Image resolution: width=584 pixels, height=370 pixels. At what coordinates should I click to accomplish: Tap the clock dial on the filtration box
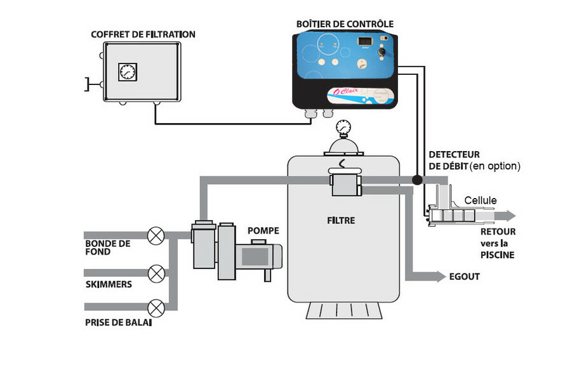click(128, 72)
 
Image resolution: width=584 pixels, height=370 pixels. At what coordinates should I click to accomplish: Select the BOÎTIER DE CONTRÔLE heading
click(345, 24)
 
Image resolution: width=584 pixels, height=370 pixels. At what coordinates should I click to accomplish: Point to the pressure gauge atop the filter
click(343, 127)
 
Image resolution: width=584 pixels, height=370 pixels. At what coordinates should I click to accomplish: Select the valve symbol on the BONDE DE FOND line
click(156, 237)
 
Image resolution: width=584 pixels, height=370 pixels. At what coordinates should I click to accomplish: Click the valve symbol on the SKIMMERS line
click(156, 274)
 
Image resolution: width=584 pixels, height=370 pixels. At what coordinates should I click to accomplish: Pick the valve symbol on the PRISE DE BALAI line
click(156, 309)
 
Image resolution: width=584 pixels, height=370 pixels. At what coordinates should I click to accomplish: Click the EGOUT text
click(464, 277)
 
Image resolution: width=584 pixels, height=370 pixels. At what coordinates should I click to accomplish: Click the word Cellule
click(481, 201)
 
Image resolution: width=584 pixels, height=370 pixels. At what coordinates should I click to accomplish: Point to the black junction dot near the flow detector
click(416, 180)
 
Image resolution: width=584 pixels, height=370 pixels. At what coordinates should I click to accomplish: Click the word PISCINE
click(497, 255)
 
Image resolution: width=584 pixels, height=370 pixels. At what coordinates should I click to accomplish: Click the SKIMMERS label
click(109, 284)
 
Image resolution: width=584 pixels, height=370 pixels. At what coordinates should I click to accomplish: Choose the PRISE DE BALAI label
click(118, 322)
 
